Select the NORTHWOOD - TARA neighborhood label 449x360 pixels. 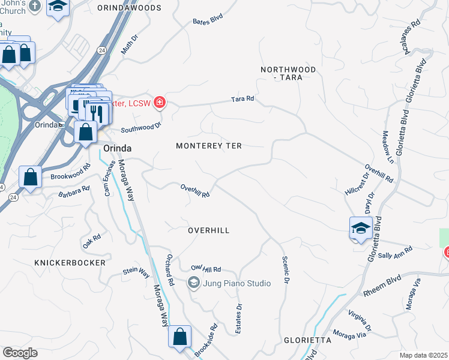(288, 74)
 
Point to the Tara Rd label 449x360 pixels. (243, 98)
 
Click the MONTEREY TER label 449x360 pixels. (208, 146)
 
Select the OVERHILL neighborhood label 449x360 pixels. (209, 230)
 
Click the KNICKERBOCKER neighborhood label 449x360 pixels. (70, 263)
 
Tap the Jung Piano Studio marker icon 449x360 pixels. (193, 283)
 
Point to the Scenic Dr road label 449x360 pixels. (286, 270)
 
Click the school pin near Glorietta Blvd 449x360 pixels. (360, 229)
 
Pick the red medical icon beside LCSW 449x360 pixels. (159, 103)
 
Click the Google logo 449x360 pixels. (20, 352)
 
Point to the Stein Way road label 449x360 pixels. (136, 272)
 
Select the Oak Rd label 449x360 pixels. (91, 241)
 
